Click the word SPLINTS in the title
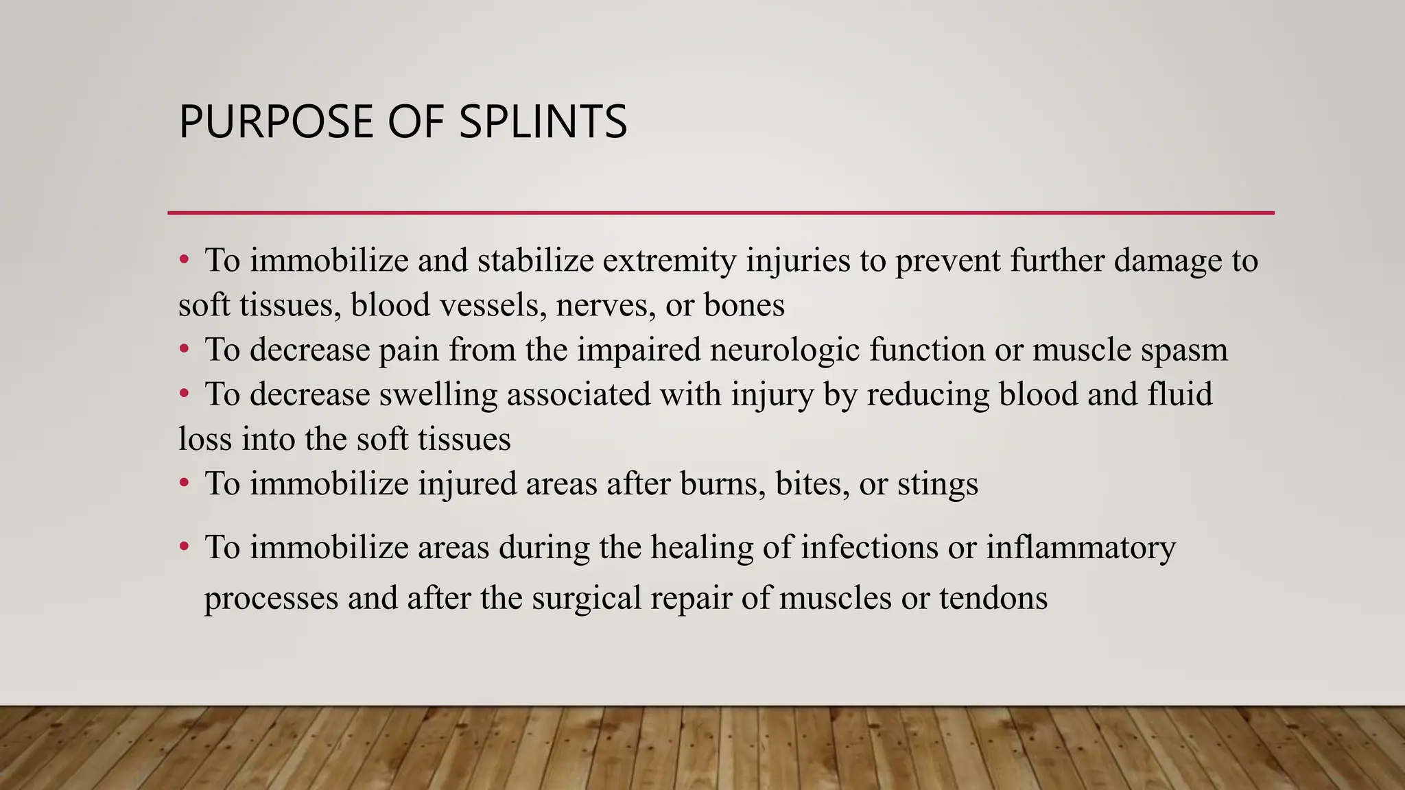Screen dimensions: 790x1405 pos(543,122)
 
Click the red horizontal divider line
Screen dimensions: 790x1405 pos(720,213)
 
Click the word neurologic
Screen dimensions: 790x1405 pos(785,350)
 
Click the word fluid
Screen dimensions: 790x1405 pos(1180,394)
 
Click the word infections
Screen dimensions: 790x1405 pos(869,548)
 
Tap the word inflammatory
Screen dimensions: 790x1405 pos(1081,548)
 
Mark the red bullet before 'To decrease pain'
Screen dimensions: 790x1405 pos(184,350)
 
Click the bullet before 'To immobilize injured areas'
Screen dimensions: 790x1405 pos(184,484)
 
